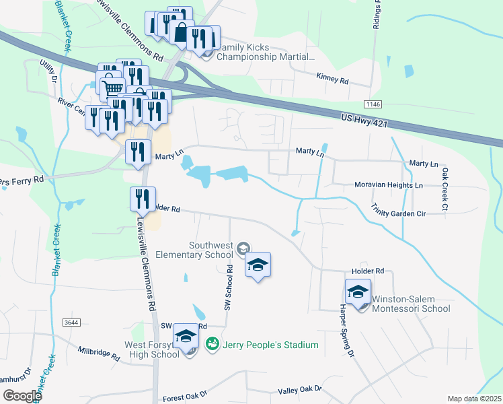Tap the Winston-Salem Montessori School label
coord(411,304)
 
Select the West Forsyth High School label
coord(142,349)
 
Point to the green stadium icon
coord(212,344)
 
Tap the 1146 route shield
coord(373,104)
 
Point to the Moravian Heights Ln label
coord(389,184)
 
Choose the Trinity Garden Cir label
coord(408,213)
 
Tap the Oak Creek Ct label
coord(444,190)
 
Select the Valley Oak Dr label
coord(301,389)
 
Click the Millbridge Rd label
coord(100,351)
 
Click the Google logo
coord(22,395)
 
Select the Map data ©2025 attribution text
coord(475,399)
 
